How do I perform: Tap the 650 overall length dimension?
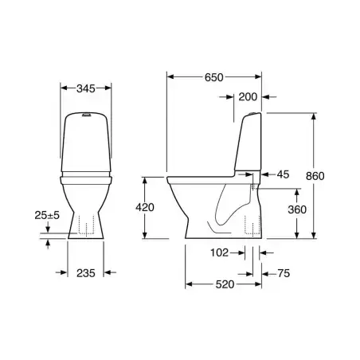tap(213, 77)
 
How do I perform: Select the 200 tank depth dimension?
tap(248, 96)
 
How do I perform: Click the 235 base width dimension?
tap(87, 272)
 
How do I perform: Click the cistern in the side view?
tap(249, 143)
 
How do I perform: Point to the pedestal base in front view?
tap(87, 223)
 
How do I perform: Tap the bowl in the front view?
tap(87, 191)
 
